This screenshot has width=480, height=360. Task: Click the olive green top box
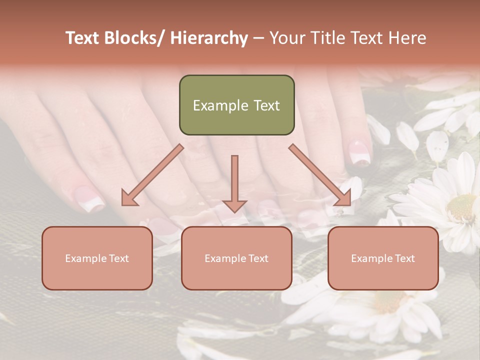236,105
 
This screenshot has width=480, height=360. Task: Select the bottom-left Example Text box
97,258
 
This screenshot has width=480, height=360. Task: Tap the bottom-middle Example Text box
236,258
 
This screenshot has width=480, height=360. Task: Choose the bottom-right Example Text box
383,258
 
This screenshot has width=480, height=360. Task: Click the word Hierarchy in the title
209,38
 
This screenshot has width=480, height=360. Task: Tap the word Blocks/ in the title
134,38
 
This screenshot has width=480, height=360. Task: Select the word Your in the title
287,38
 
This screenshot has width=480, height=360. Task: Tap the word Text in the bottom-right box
404,258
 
